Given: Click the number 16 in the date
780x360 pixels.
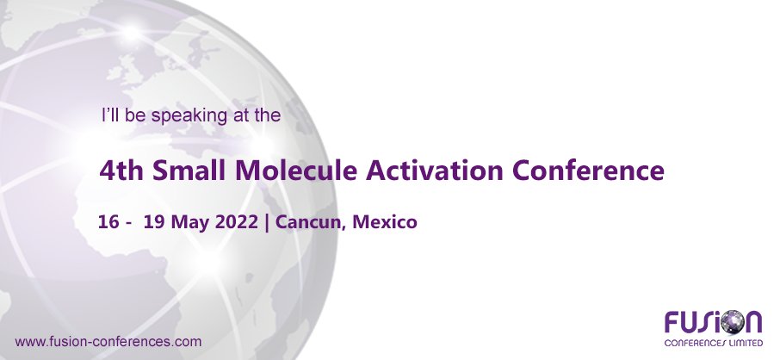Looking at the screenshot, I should click(109, 221).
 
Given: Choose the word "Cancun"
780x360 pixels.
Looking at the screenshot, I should click(311, 222).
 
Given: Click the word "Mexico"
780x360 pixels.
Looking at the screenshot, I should click(384, 221).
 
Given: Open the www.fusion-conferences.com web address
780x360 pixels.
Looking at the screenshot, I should click(108, 341).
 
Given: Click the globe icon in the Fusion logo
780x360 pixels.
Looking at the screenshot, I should click(732, 323).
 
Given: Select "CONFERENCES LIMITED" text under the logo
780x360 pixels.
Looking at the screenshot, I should click(714, 342).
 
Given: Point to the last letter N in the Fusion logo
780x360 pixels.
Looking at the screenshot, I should click(752, 323).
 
